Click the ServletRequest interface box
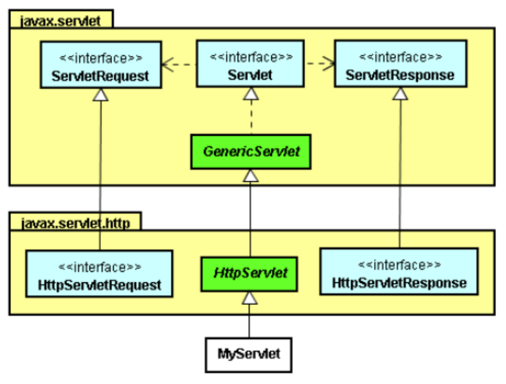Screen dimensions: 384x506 100,65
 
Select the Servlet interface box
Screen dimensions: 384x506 250,65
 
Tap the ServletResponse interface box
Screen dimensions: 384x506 400,65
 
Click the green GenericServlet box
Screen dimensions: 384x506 250,152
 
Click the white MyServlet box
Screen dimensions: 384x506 249,354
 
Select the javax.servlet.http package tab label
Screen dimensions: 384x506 74,222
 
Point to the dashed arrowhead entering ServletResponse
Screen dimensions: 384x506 328,64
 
